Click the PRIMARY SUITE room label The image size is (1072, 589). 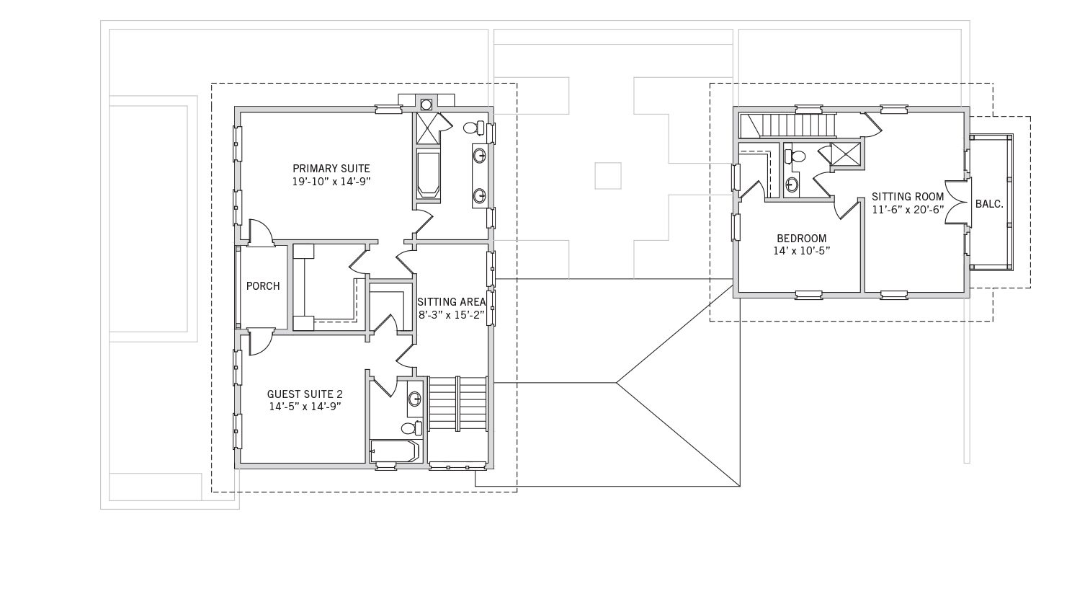tap(331, 169)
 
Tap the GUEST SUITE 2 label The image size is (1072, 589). tap(305, 394)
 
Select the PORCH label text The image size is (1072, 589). tap(263, 286)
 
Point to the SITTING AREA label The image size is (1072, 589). tap(451, 302)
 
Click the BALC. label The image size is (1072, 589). tap(989, 204)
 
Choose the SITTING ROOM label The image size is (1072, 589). tap(907, 197)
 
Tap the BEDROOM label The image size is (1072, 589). tap(802, 239)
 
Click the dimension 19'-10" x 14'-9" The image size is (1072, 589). tap(331, 182)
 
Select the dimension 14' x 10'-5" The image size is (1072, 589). tap(802, 251)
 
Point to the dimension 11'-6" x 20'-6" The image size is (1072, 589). tap(908, 210)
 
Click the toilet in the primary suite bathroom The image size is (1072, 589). tap(474, 128)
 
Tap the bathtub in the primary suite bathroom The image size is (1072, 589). tap(428, 173)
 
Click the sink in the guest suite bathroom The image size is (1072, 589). tap(414, 399)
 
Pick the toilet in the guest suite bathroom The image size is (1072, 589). tap(411, 428)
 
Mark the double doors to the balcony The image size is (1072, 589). tap(958, 202)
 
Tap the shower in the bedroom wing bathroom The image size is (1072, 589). tap(846, 154)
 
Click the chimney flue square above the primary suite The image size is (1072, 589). tap(426, 104)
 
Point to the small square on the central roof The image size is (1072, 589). tap(608, 176)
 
